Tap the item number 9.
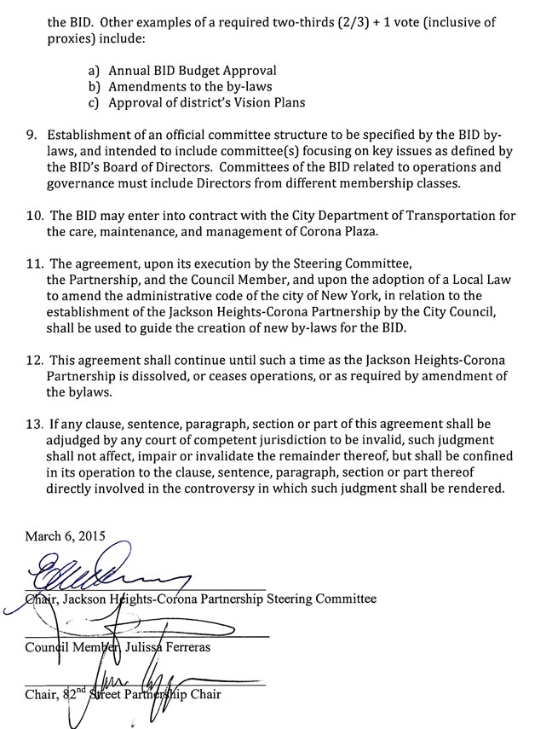(32, 136)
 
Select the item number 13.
(34, 424)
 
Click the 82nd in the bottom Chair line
(78, 693)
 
